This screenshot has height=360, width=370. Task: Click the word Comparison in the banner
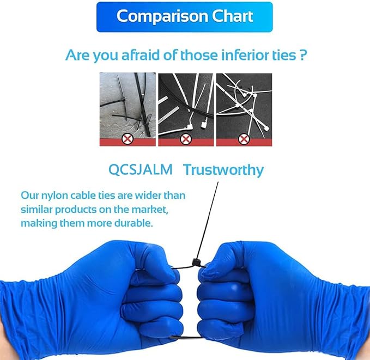[x=162, y=17]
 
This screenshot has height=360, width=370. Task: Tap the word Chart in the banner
[x=232, y=16]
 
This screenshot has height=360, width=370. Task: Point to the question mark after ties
[x=303, y=55]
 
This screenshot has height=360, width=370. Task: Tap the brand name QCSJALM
[x=141, y=169]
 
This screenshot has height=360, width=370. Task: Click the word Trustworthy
[x=223, y=170]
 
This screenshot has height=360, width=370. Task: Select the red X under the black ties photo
[x=128, y=139]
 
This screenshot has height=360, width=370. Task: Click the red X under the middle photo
[x=186, y=139]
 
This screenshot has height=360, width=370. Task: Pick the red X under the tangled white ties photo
[x=244, y=139]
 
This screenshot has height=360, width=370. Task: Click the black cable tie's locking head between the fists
[x=196, y=263]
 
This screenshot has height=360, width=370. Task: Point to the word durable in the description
[x=134, y=223]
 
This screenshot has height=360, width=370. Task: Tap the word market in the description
[x=150, y=210]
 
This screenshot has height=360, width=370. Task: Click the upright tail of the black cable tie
[x=207, y=220]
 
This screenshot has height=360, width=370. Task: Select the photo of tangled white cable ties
[x=244, y=109]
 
